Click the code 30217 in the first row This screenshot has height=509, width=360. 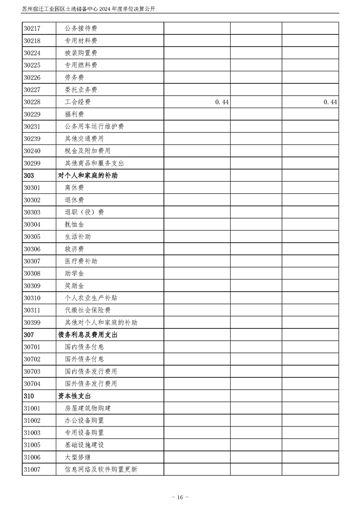click(x=32, y=29)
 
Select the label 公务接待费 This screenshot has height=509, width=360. click(x=81, y=29)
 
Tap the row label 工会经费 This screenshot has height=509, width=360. click(x=78, y=102)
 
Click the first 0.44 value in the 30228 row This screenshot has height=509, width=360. click(x=222, y=103)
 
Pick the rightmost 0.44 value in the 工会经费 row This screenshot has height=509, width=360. click(x=330, y=103)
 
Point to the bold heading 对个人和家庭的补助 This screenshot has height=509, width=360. click(x=88, y=176)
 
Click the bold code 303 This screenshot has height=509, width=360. click(x=29, y=176)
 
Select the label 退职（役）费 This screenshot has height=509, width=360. click(x=84, y=212)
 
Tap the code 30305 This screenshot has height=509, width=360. click(x=32, y=237)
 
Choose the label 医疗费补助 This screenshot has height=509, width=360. click(x=81, y=261)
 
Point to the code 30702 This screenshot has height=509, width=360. click(x=32, y=359)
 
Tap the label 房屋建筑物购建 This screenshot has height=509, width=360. click(x=88, y=408)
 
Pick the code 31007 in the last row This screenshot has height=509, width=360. click(x=32, y=470)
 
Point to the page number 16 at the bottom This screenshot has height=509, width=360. click(x=180, y=497)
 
